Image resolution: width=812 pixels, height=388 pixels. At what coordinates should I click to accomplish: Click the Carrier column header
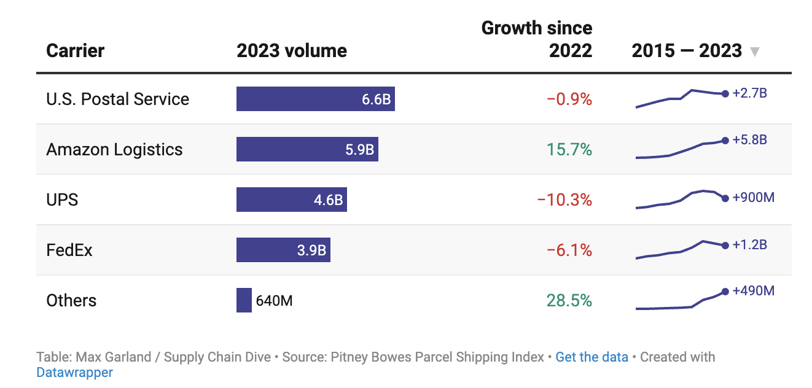click(76, 50)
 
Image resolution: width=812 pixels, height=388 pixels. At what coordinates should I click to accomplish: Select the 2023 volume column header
click(292, 50)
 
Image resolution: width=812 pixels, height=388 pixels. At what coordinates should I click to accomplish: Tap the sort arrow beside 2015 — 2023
click(755, 52)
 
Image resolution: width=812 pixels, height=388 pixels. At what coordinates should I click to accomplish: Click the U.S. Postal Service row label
click(118, 99)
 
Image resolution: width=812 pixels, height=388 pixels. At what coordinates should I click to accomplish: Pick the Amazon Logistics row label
click(115, 150)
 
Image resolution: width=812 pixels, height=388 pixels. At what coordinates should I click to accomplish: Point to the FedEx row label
click(69, 250)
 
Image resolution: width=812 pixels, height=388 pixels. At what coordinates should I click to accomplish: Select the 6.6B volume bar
click(315, 99)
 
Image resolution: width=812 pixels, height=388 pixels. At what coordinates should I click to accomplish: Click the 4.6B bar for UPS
click(292, 200)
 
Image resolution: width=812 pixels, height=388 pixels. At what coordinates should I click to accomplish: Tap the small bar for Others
click(244, 300)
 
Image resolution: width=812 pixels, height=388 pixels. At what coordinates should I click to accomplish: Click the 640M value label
click(274, 301)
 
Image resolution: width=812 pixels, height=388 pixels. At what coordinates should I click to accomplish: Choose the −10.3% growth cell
click(564, 200)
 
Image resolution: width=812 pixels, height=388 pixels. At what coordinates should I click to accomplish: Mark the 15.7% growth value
click(569, 150)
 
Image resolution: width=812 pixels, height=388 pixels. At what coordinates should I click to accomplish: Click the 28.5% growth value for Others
click(569, 301)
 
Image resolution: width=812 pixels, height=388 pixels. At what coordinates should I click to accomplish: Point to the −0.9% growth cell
click(569, 99)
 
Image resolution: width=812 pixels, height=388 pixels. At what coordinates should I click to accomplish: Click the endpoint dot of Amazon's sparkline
click(725, 141)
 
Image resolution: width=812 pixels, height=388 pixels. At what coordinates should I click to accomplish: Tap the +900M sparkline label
click(754, 198)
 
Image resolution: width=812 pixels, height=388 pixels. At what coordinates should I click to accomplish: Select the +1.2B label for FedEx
click(750, 245)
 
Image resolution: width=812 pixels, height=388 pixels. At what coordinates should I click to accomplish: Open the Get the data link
click(591, 357)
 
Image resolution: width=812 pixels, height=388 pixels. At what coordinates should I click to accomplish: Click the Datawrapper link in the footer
click(74, 372)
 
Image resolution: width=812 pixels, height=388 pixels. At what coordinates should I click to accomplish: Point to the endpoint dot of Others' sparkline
click(725, 291)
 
